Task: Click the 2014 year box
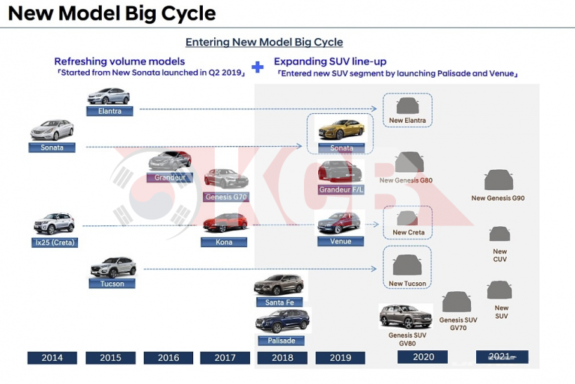point(52,358)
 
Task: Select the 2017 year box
point(225,358)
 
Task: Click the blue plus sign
point(258,67)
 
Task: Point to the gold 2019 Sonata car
point(341,129)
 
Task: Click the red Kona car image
point(225,222)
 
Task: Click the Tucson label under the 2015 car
point(112,284)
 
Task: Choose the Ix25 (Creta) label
point(55,243)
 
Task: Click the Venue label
point(340,241)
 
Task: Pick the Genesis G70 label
point(225,197)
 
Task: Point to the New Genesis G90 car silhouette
point(497,180)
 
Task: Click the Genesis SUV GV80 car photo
point(405,315)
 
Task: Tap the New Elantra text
point(407,121)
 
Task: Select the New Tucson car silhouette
point(407,264)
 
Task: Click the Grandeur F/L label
point(340,190)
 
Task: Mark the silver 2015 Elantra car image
point(109,96)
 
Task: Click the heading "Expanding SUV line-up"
point(329,61)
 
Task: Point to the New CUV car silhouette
point(499,234)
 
